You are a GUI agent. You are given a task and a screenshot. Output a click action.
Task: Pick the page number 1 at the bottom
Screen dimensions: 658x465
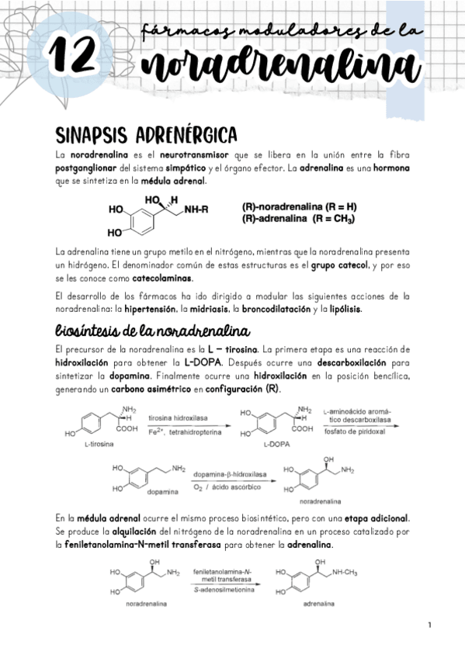pos(429,625)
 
